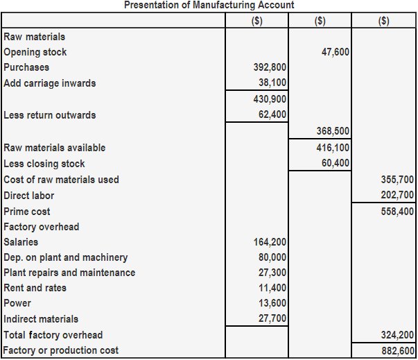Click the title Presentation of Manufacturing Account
(209, 5)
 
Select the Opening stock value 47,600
(336, 52)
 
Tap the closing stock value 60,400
(336, 164)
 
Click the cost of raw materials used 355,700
(397, 180)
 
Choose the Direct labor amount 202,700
(397, 196)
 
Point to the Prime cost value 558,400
(397, 212)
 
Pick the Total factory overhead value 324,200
(397, 335)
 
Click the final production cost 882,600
(397, 351)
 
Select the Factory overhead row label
(42, 227)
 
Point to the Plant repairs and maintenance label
(69, 273)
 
